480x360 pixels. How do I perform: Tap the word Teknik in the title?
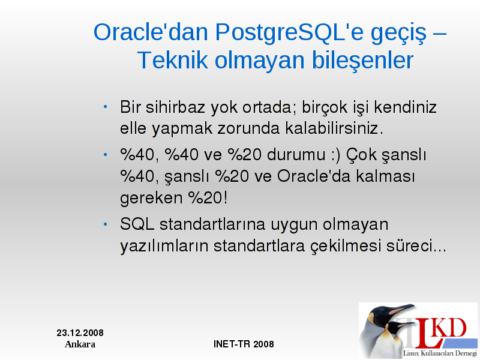coord(173,60)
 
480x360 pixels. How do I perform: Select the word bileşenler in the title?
coord(362,60)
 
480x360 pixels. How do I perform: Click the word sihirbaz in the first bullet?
coord(175,107)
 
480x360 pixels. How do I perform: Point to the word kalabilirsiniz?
coord(334,128)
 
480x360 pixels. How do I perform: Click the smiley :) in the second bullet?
coord(335,155)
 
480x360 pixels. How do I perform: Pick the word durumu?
coord(296,154)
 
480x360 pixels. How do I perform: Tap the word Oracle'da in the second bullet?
coord(313,176)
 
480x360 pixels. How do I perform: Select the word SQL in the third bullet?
coord(137,224)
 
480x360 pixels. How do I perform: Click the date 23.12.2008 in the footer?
coord(80,333)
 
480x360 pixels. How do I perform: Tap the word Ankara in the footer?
coord(80,344)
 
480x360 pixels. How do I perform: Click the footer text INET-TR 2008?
coord(244,344)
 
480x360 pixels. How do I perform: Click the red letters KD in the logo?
coord(451,328)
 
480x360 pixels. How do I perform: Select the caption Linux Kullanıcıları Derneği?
coord(440,353)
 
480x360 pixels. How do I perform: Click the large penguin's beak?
coord(401,310)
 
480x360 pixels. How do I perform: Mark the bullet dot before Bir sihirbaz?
coord(106,107)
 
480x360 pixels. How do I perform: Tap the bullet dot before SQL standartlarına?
coord(106,224)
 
